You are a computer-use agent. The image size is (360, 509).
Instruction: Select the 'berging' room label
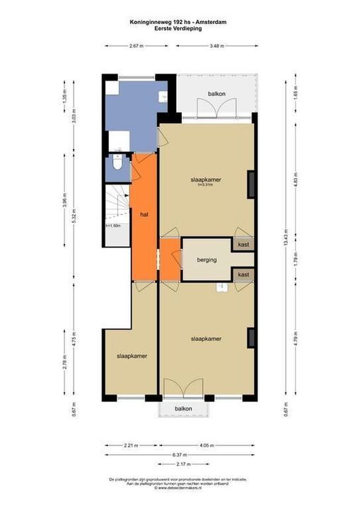pyautogui.click(x=207, y=260)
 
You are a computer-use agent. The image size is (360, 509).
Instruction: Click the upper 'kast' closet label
pyautogui.click(x=243, y=245)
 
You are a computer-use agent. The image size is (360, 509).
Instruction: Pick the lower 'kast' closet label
pyautogui.click(x=243, y=274)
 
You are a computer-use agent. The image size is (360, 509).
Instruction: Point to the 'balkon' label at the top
pyautogui.click(x=216, y=93)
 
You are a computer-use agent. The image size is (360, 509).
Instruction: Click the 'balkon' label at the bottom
pyautogui.click(x=183, y=409)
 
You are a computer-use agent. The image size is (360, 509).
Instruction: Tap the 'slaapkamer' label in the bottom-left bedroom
pyautogui.click(x=132, y=356)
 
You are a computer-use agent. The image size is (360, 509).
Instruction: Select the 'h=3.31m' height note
pyautogui.click(x=207, y=186)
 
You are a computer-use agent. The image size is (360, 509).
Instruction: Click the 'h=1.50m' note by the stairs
pyautogui.click(x=113, y=226)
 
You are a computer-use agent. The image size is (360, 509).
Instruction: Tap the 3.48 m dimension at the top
pyautogui.click(x=216, y=46)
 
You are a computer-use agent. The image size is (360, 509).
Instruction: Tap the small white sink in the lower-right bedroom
pyautogui.click(x=222, y=286)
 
